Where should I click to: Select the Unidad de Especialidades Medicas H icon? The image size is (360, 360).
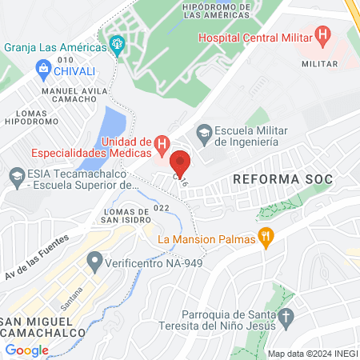(x=162, y=145)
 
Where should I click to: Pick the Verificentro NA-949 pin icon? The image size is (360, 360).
(x=95, y=261)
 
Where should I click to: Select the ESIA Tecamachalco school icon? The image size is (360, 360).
(x=15, y=175)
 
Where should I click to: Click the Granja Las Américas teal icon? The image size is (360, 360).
(x=118, y=46)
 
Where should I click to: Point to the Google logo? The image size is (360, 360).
(x=27, y=350)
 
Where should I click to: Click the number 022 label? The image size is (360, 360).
(x=162, y=209)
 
